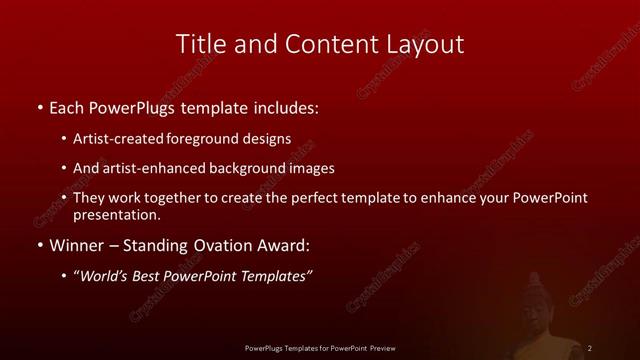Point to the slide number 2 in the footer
591,347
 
